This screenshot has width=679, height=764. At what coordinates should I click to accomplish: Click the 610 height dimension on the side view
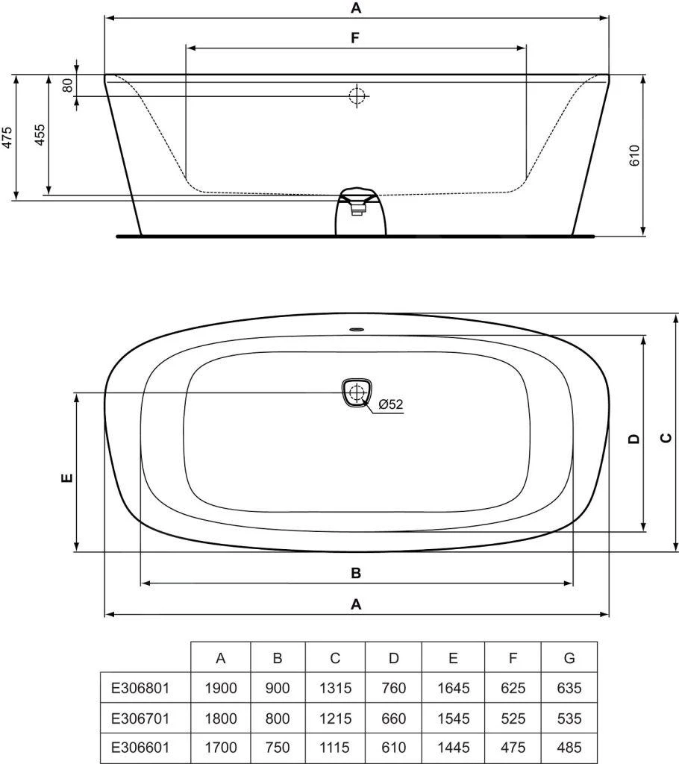635,154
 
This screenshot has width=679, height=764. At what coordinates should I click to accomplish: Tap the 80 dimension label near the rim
68,85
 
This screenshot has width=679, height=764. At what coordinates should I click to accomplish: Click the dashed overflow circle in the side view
357,95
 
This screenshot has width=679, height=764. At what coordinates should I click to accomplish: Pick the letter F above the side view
356,37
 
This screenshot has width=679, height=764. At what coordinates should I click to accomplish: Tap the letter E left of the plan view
66,477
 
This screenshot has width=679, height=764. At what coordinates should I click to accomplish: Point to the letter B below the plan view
356,573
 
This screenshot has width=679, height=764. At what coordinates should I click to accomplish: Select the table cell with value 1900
220,687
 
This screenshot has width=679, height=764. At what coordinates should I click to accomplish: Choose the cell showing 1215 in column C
335,718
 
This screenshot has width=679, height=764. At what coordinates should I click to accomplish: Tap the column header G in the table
569,657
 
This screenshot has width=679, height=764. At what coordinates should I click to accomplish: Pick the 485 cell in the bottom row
569,747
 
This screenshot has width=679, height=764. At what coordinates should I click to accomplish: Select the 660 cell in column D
394,718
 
